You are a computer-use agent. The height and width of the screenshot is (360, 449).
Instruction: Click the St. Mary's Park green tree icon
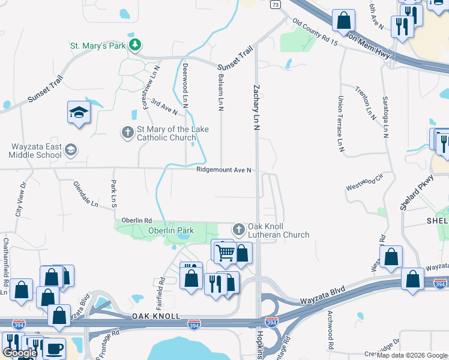tap(136, 44)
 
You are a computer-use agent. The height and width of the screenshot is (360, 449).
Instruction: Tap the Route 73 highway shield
tap(275, 5)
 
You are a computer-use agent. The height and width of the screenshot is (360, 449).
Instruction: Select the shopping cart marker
tap(225, 253)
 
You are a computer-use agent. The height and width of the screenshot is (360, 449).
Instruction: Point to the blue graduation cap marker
tap(79, 113)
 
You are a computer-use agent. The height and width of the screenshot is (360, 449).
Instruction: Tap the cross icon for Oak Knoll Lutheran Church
tap(239, 229)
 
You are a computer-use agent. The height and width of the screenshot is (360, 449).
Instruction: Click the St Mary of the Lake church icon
tap(127, 132)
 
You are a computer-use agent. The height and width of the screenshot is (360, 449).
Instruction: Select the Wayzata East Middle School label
tap(36, 151)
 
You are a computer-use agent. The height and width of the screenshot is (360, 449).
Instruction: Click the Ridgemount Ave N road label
tap(223, 170)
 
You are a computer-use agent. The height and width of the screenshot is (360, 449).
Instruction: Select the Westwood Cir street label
tap(364, 184)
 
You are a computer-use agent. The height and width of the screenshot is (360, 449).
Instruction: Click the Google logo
tap(19, 353)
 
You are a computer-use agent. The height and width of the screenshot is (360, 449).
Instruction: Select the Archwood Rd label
tap(330, 329)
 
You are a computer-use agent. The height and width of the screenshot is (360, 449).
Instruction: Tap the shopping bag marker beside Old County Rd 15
tap(343, 20)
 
